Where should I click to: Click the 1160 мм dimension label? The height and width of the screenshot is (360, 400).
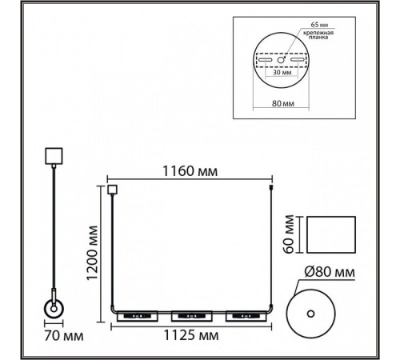pyautogui.click(x=190, y=171)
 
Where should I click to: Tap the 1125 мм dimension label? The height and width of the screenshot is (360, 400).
pyautogui.click(x=191, y=335)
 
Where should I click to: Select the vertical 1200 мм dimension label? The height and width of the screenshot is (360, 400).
pyautogui.click(x=93, y=253)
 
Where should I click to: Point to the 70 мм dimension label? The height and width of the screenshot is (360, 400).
pyautogui.click(x=64, y=336)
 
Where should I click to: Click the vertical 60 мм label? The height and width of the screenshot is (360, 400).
pyautogui.click(x=289, y=234)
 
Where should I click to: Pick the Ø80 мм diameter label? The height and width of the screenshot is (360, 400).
pyautogui.click(x=330, y=272)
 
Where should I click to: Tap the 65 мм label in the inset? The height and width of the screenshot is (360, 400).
pyautogui.click(x=319, y=25)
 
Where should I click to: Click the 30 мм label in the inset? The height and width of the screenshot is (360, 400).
pyautogui.click(x=282, y=72)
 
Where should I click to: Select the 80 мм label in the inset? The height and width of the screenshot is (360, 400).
pyautogui.click(x=283, y=103)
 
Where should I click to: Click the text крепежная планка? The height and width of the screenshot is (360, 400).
pyautogui.click(x=318, y=35)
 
